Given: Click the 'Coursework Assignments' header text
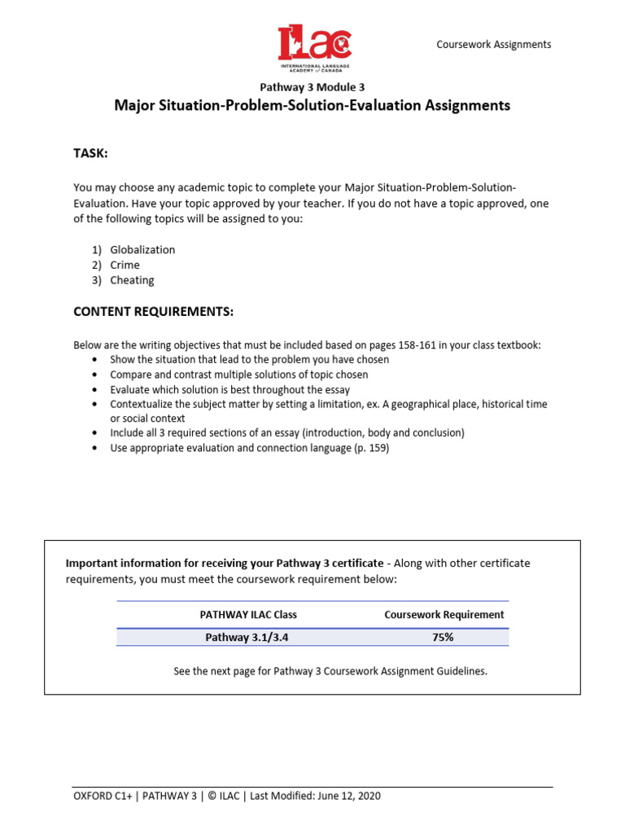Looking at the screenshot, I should point(494,45).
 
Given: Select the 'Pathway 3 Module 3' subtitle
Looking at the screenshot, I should point(312,87).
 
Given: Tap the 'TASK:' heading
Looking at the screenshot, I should point(90,154).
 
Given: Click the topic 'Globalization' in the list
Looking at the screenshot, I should point(142,250).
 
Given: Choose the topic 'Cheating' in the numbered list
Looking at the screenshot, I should point(132,280).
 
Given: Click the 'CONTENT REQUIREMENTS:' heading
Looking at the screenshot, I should point(154,312).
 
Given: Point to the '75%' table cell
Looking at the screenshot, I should point(444,638).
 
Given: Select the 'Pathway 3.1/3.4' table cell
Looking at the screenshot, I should point(247,638).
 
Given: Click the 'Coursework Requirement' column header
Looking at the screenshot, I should point(444,615).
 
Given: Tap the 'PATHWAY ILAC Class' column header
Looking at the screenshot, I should point(248,615).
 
